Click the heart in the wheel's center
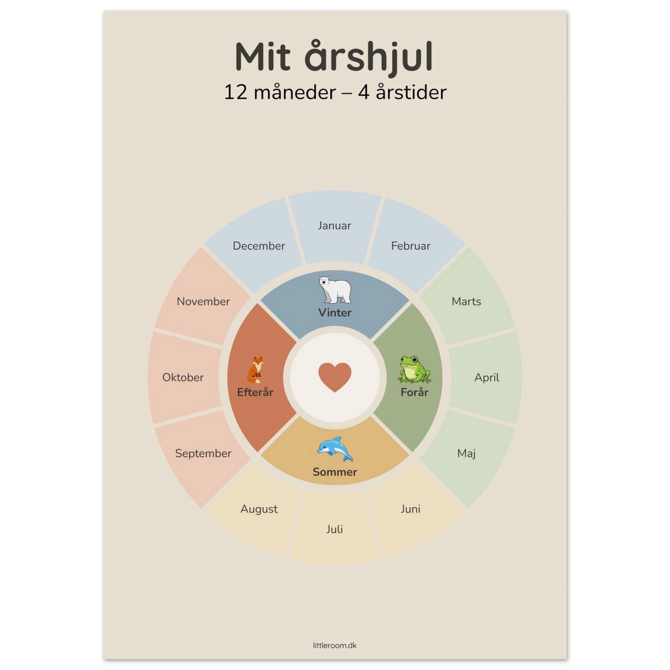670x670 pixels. pos(334,377)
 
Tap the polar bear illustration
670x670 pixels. pos(335,290)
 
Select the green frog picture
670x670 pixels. pos(414,369)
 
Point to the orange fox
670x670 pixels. pos(256,370)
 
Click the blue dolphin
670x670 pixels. pos(335,449)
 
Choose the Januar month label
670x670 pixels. pos(334,226)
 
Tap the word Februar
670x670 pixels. pos(410,246)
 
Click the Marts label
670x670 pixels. pos(466,301)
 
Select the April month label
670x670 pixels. pos(487,377)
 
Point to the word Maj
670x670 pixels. pos(466,453)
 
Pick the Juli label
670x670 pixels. pos(334,529)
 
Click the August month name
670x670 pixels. pos(259,509)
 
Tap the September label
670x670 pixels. pos(203,454)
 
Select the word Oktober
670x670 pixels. pos(183,377)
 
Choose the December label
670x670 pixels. pos(259,246)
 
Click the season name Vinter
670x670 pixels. pos(335,313)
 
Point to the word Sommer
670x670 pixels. pos(335,472)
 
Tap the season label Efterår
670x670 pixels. pos(255,392)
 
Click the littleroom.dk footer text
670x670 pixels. pos(335,645)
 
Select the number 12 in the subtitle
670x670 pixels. pos(236,93)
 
